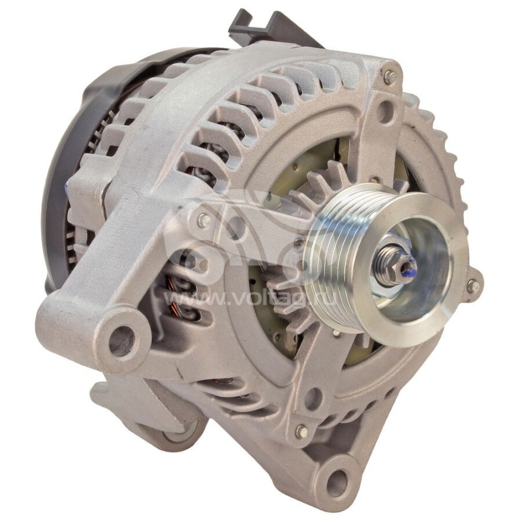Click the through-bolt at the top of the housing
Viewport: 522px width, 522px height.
[x=390, y=76]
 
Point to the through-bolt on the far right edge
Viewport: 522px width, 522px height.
[x=472, y=286]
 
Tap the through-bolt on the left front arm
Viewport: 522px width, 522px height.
[x=204, y=221]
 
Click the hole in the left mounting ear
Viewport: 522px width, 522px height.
[x=121, y=340]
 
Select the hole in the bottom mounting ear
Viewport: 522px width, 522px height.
[x=337, y=482]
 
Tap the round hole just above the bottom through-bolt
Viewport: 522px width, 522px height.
[x=314, y=397]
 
